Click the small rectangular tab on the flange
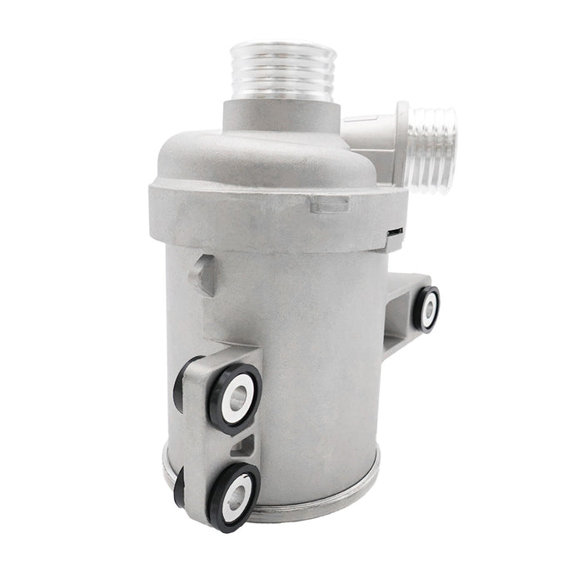tap(328, 202)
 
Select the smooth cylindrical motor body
tap(308, 350)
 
